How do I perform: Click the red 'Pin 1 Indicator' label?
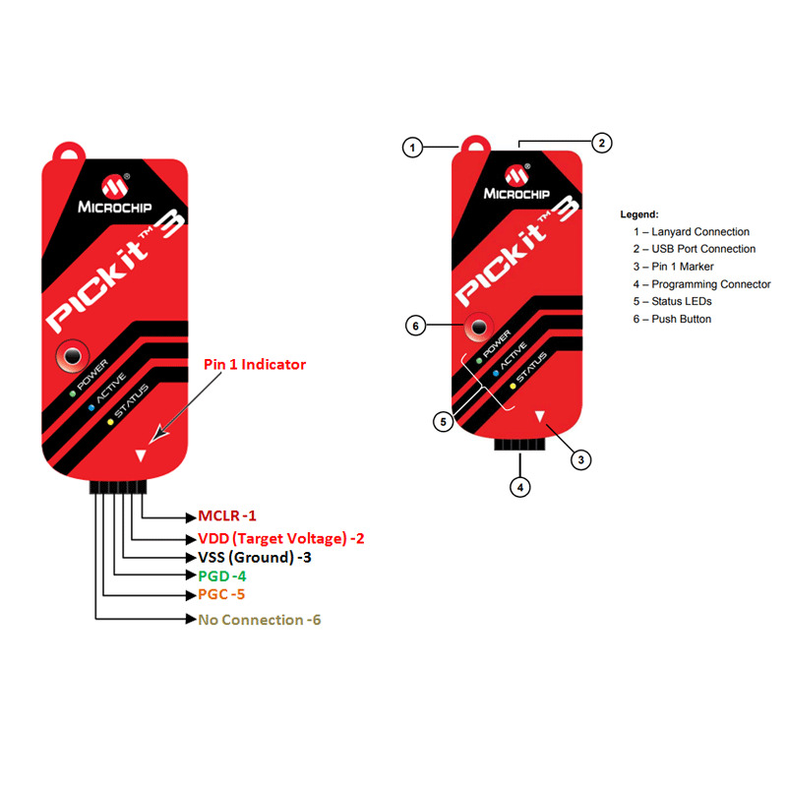(x=255, y=364)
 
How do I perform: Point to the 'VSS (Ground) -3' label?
(x=254, y=558)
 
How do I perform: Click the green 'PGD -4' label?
(x=221, y=576)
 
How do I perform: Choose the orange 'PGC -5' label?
(x=221, y=595)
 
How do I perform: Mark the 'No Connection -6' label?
(x=259, y=620)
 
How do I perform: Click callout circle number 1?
(x=413, y=149)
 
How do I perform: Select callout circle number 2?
(x=603, y=143)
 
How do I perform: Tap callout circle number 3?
(x=582, y=458)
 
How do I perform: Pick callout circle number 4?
(x=520, y=486)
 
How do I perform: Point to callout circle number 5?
(x=444, y=421)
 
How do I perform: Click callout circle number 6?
(x=415, y=325)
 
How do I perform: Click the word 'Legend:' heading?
(x=639, y=213)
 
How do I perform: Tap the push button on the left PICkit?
(x=73, y=355)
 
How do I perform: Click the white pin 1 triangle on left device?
(x=143, y=455)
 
